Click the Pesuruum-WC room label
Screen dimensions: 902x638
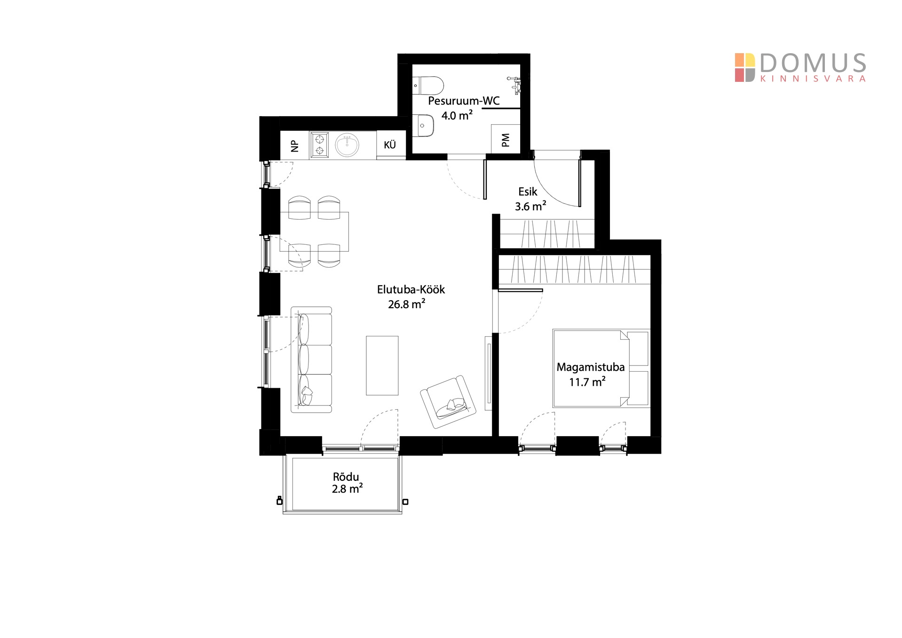[464, 101]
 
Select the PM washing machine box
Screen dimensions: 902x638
[506, 139]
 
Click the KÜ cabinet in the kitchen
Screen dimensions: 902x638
[390, 145]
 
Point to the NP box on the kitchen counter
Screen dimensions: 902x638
[295, 145]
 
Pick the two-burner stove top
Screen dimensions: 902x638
[320, 145]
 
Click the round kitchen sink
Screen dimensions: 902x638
[347, 145]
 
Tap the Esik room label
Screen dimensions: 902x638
[528, 191]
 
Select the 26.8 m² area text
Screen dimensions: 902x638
[407, 304]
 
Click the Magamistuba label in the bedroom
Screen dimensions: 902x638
[591, 367]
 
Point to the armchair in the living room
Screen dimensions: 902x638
[448, 401]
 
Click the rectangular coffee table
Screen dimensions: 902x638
[382, 366]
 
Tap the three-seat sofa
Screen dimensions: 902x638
[311, 360]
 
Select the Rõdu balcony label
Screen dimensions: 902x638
[346, 477]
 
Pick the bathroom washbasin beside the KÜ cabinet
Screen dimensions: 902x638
[423, 126]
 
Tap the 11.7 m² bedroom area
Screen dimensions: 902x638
[587, 382]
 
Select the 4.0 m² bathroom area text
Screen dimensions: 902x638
[457, 115]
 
